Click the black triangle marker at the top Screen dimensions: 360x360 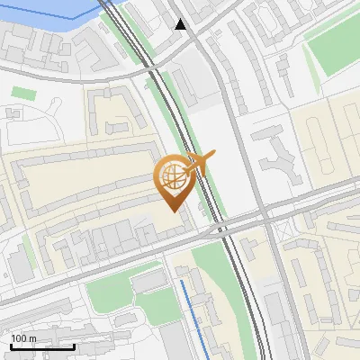pos(181,24)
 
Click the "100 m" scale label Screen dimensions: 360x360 pos(24,338)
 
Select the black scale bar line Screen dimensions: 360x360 pos(42,346)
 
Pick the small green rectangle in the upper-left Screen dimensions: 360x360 pos(24,94)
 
